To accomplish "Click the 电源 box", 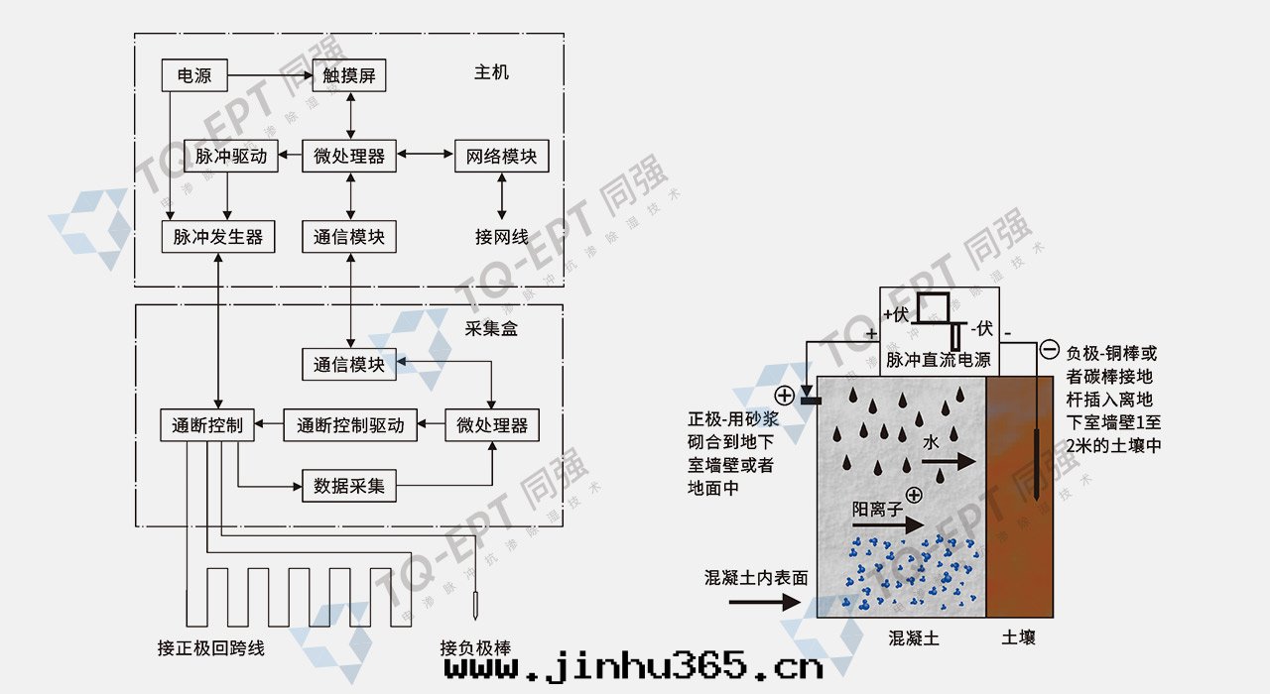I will coord(193,75).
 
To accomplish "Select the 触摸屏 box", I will coord(348,75).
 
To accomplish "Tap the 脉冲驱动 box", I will coord(230,156).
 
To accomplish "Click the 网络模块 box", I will coord(501,156).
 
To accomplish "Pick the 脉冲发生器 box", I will coord(217,237).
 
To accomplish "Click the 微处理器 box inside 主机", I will coord(348,156).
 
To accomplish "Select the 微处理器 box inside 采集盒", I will coord(492,425).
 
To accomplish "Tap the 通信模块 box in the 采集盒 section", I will coord(348,364).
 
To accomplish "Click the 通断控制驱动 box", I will coord(350,425).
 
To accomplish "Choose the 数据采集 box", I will coord(348,486).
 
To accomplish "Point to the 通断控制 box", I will coord(206,425).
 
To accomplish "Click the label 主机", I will coord(491,72).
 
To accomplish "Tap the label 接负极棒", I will coord(475,648).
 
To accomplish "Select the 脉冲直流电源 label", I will coord(938,360).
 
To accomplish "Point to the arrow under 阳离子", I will coord(888,526).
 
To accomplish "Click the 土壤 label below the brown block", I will coord(1018,637).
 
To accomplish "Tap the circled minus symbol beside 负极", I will coord(1049,350).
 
